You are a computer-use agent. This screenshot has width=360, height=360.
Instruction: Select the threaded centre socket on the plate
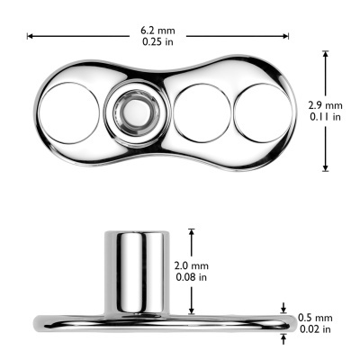[x=132, y=113]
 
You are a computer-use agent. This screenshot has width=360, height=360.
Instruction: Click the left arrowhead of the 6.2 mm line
[x=29, y=36]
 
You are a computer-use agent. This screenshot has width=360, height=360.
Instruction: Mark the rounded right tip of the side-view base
[x=291, y=322]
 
